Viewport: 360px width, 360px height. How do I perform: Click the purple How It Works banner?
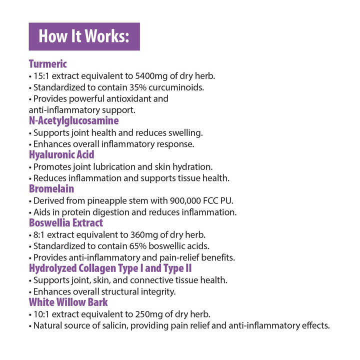[84, 36]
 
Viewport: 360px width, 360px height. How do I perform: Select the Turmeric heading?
[47, 64]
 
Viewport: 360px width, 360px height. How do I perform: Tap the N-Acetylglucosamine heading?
[73, 120]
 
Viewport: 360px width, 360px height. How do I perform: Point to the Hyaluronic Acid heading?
[61, 154]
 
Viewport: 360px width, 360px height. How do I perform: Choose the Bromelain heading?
[51, 188]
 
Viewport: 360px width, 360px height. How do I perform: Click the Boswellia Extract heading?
[65, 222]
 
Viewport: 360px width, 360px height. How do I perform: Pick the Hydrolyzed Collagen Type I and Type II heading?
[110, 268]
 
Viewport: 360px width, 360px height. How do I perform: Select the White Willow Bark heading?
[68, 302]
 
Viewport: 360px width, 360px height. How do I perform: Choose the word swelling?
[185, 132]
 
